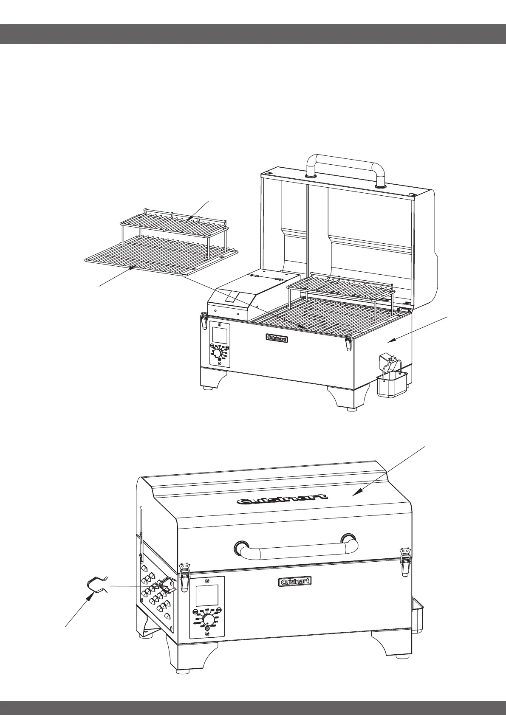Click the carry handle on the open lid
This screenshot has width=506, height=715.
click(346, 161)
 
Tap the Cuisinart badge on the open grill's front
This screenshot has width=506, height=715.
click(277, 338)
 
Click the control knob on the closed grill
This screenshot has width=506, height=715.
click(208, 619)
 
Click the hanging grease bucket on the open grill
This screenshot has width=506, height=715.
click(392, 384)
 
